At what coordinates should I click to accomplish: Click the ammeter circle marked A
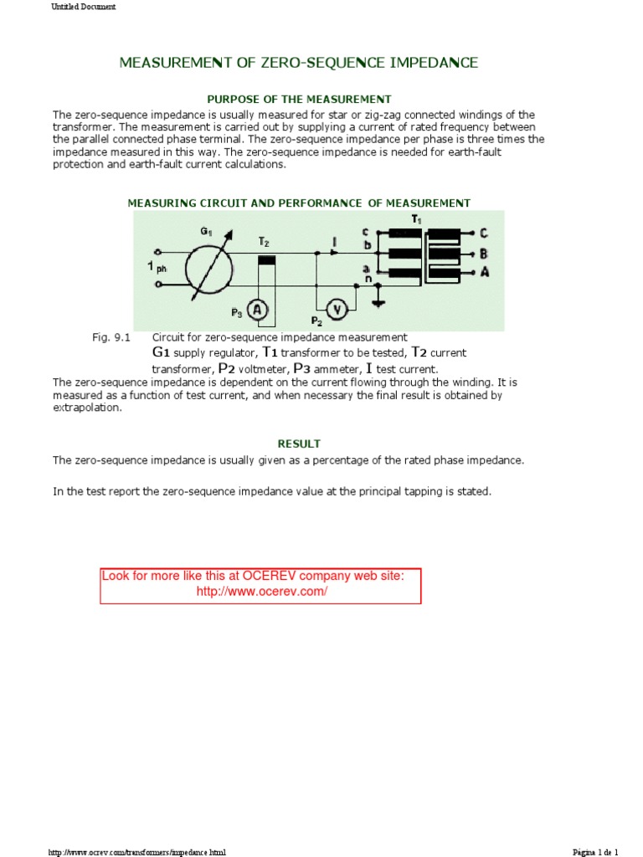[x=260, y=310]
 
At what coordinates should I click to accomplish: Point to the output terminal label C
[x=485, y=233]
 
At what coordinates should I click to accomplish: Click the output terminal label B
[x=485, y=253]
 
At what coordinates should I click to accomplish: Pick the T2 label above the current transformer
[x=264, y=241]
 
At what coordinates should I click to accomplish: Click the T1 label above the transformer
[x=416, y=218]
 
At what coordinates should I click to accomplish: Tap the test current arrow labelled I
[x=335, y=244]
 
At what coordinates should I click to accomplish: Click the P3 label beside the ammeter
[x=237, y=314]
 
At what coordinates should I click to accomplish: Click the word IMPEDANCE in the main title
[x=424, y=63]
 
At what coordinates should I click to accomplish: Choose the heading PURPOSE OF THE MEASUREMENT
[x=299, y=100]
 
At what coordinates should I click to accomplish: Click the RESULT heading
[x=299, y=444]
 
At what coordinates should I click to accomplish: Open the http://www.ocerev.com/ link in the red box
[x=261, y=592]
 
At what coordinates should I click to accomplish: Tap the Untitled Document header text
[x=84, y=7]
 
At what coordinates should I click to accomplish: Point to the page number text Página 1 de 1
[x=595, y=852]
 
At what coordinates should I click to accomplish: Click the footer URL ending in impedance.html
[x=137, y=852]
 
